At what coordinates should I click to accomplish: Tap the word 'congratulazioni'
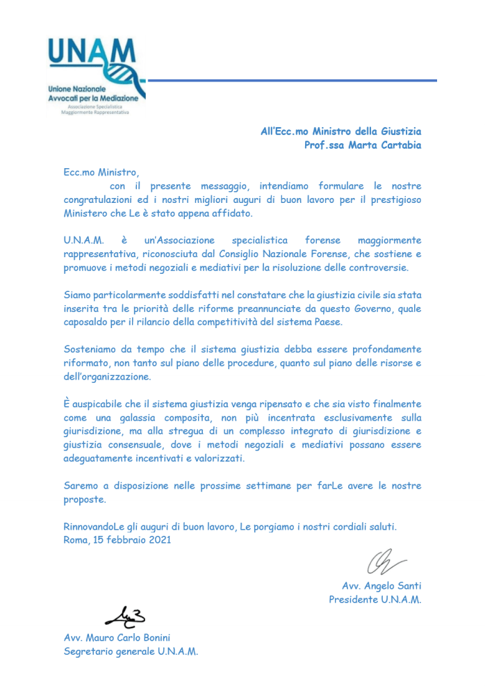click(99, 199)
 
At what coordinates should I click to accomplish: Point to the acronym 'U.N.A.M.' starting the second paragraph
click(83, 240)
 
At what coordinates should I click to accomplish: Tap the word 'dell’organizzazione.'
click(107, 376)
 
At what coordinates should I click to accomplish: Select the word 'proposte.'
click(85, 499)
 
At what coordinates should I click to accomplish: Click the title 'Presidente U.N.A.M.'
click(375, 599)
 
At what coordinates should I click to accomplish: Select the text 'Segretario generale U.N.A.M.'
click(131, 651)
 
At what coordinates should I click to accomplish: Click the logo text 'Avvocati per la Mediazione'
click(93, 99)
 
